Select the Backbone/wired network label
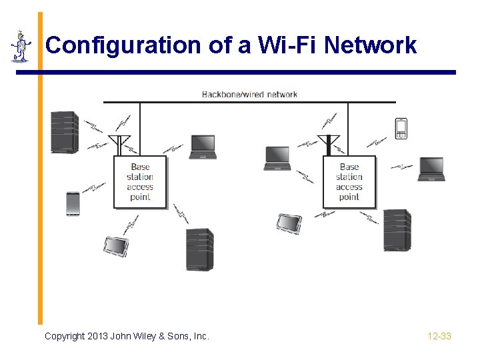(249, 94)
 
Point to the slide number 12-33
(439, 336)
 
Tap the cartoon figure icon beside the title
(21, 47)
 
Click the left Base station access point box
(140, 183)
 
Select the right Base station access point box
(349, 182)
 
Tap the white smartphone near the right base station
(401, 128)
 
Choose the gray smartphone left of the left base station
(73, 203)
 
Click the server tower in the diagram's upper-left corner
(65, 132)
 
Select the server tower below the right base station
(397, 230)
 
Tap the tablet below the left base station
(115, 246)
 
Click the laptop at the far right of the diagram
(431, 169)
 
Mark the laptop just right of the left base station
(203, 147)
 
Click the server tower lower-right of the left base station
(199, 249)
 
